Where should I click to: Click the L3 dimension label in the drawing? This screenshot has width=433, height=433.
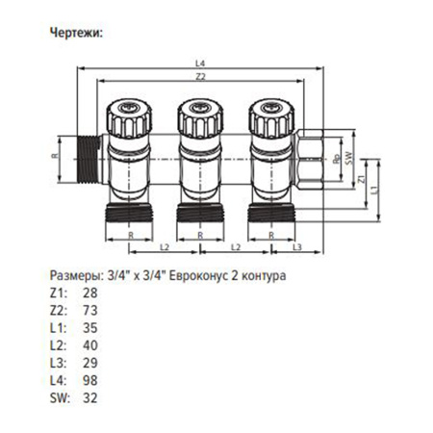click(x=296, y=248)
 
